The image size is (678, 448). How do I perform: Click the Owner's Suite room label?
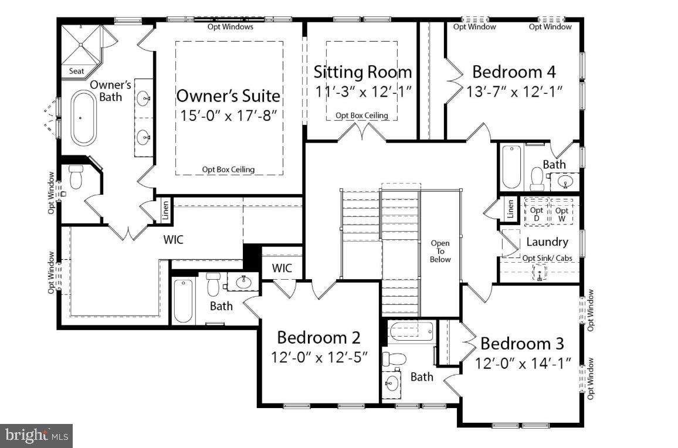pyautogui.click(x=228, y=95)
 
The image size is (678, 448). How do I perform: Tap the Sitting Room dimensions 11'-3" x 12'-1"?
pyautogui.click(x=362, y=91)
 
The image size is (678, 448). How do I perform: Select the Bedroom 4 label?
pyautogui.click(x=514, y=72)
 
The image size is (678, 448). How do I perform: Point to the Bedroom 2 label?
pyautogui.click(x=318, y=338)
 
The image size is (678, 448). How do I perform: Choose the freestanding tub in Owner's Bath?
pyautogui.click(x=83, y=118)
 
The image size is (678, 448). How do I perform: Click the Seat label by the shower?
pyautogui.click(x=77, y=71)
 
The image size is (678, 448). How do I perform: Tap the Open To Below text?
pyautogui.click(x=440, y=251)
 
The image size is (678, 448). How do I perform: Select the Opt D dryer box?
pyautogui.click(x=537, y=213)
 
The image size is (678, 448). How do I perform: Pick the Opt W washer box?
pyautogui.click(x=562, y=213)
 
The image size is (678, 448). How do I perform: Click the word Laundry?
pyautogui.click(x=547, y=242)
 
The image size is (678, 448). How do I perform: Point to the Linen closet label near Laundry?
pyautogui.click(x=510, y=209)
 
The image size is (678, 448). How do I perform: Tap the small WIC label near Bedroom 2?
pyautogui.click(x=282, y=269)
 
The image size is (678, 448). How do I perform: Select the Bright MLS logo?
pyautogui.click(x=36, y=436)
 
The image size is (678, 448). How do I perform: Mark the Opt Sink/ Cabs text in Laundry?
pyautogui.click(x=547, y=258)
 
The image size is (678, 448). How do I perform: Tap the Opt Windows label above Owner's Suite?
pyautogui.click(x=231, y=26)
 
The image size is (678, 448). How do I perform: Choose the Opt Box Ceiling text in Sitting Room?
pyautogui.click(x=361, y=116)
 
